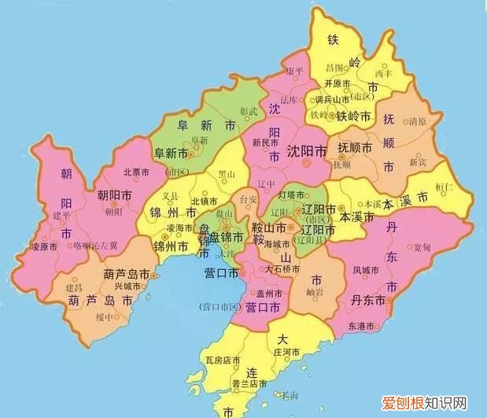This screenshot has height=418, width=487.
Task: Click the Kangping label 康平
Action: tap(294, 71)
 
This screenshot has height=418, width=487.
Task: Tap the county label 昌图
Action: tap(336, 68)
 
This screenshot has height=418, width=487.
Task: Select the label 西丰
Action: tap(383, 74)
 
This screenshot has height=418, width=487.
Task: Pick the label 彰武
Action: tap(249, 113)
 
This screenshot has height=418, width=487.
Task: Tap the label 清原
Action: tap(418, 122)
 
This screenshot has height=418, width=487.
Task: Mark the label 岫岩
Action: tap(316, 293)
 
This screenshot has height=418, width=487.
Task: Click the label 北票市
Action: tap(137, 172)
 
